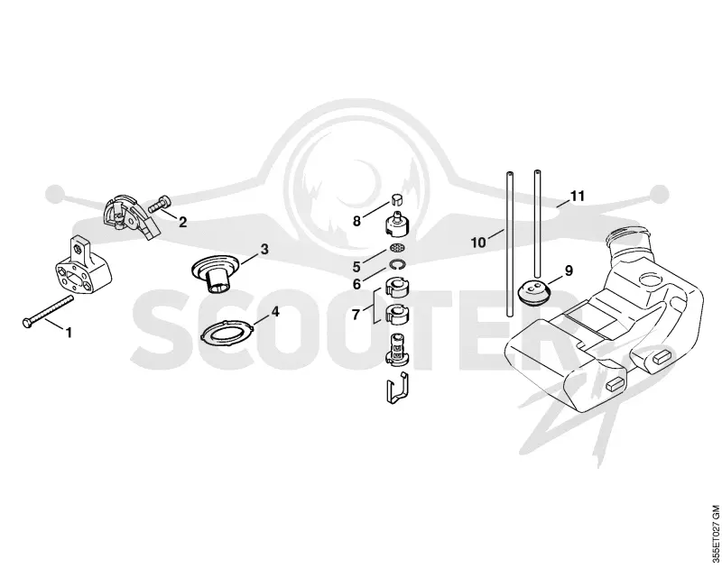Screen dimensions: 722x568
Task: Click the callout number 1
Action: click(x=69, y=332)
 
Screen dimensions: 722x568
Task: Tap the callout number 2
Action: click(x=183, y=222)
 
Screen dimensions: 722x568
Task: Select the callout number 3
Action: click(x=264, y=249)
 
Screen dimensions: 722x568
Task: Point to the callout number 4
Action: click(x=275, y=312)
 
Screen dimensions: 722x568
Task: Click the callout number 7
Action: click(x=356, y=315)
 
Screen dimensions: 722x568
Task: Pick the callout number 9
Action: click(x=569, y=270)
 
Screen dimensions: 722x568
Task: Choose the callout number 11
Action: click(x=577, y=196)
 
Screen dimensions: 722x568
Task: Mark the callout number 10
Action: click(x=478, y=242)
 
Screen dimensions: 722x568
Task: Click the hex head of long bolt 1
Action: click(x=27, y=323)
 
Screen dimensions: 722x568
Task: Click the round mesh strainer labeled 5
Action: click(x=394, y=248)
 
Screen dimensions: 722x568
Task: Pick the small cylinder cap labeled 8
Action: click(x=396, y=199)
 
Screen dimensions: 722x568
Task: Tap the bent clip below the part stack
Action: click(x=396, y=389)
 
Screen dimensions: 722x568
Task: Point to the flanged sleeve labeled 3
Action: click(x=216, y=274)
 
